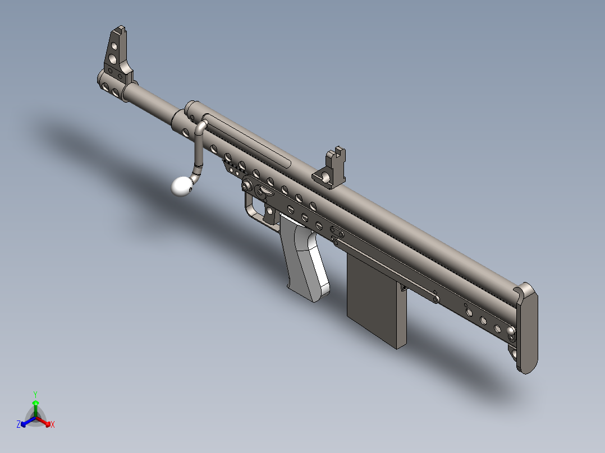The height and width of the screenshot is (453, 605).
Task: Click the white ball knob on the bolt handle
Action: click(x=182, y=186)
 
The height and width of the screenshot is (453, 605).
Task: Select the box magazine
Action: click(x=375, y=300)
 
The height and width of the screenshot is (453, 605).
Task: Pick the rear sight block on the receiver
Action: click(x=332, y=168)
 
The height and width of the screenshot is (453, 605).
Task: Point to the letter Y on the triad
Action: click(x=35, y=394)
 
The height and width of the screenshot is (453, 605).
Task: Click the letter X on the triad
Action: click(x=53, y=425)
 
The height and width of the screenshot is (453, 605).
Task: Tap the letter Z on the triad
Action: click(x=19, y=425)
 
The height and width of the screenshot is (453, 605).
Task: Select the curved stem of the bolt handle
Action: click(x=198, y=150)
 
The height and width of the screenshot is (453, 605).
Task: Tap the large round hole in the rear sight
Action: click(x=325, y=177)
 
